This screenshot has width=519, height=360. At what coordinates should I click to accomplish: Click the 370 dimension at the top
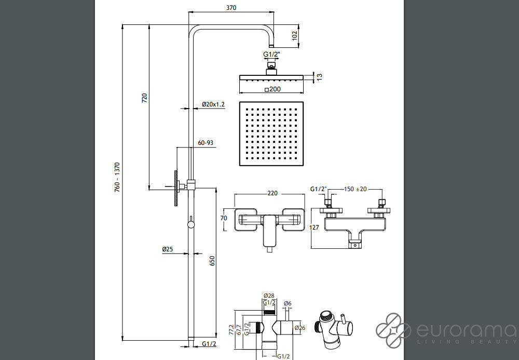(231, 8)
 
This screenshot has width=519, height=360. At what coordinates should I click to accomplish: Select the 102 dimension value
(294, 36)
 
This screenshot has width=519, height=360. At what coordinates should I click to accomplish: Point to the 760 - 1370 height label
(118, 177)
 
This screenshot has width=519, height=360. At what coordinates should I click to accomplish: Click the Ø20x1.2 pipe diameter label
(213, 105)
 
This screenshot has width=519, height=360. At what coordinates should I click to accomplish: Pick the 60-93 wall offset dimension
(206, 142)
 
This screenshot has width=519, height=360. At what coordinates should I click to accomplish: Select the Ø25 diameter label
(167, 250)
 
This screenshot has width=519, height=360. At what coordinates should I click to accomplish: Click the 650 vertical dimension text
(212, 261)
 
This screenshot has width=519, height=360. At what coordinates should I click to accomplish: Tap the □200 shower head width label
(271, 90)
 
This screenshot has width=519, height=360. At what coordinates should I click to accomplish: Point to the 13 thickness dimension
(320, 77)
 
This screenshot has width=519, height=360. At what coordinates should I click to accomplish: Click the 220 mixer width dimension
(272, 193)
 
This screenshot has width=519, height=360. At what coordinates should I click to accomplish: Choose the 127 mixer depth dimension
(313, 226)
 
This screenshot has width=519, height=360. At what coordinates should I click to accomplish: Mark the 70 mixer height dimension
(224, 218)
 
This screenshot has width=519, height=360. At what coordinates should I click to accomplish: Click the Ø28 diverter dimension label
(268, 296)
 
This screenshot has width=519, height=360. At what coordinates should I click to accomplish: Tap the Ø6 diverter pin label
(288, 303)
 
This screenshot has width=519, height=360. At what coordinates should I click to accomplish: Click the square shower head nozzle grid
(271, 134)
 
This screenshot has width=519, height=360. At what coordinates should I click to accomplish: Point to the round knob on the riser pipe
(190, 224)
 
